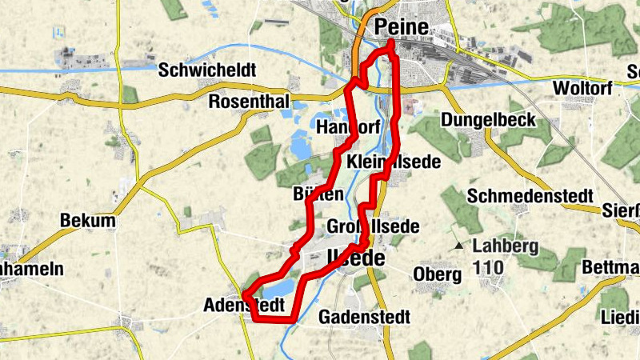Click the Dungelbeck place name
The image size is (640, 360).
[x=488, y=120]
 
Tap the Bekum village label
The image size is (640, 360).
[x=88, y=221]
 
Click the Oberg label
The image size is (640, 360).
[x=438, y=274]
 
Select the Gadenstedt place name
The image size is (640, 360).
[x=365, y=317]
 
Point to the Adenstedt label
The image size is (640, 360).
[x=244, y=306]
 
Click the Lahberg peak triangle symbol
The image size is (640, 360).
[x=458, y=246]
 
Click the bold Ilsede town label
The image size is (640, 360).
[x=356, y=259]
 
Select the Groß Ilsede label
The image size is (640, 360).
[x=374, y=226]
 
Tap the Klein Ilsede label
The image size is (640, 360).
[x=394, y=162]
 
